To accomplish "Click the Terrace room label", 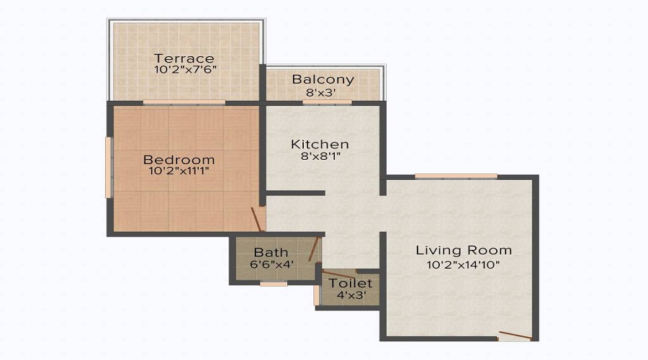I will [184, 58].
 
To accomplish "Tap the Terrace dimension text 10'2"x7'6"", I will [184, 71].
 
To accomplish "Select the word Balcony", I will [323, 79].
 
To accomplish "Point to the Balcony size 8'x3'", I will [323, 91].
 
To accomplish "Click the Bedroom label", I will [179, 159].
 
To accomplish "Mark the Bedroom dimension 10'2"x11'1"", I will [179, 171].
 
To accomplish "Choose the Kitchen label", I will [320, 144].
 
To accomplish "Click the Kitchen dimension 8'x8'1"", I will [320, 156].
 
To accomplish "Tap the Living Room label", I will [464, 250].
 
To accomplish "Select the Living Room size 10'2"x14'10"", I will [464, 264].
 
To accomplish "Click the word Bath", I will [271, 253].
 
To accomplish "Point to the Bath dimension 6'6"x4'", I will [271, 264].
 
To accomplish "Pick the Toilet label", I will [351, 283].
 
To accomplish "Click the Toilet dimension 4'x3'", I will [351, 294].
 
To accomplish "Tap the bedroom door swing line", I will [258, 219].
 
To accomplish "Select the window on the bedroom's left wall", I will [109, 167].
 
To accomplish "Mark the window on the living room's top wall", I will [456, 176].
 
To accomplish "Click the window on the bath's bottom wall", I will [274, 284].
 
